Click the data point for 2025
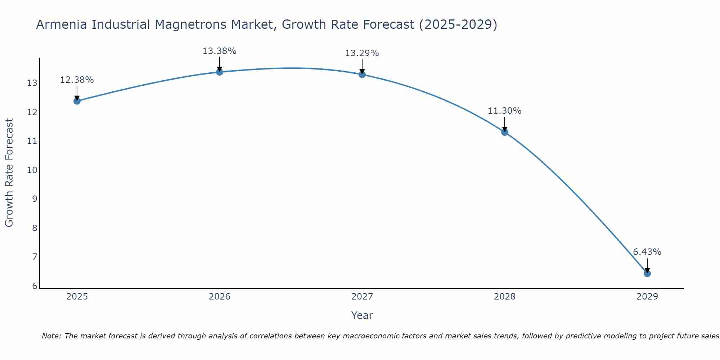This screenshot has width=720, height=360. (77, 101)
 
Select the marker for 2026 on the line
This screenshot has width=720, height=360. (220, 72)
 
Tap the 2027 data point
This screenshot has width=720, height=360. (362, 75)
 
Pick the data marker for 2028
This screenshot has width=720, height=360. (505, 132)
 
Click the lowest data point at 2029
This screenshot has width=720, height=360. (647, 273)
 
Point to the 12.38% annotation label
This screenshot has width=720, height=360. (77, 80)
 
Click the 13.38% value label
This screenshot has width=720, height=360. (219, 51)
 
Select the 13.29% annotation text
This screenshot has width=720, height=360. (362, 53)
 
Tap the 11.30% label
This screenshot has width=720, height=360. (504, 111)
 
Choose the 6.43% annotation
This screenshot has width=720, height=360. (647, 252)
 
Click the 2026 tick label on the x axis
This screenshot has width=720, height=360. (220, 297)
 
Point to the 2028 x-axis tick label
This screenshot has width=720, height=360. (505, 297)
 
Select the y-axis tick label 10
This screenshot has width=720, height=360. (32, 170)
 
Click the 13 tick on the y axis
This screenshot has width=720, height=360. (32, 83)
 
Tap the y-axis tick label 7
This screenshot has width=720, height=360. (35, 257)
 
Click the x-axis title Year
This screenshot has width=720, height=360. (362, 315)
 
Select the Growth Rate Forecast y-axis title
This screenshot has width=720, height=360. (9, 173)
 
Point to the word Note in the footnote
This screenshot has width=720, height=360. (51, 336)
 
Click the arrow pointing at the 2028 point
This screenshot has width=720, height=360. (505, 124)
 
